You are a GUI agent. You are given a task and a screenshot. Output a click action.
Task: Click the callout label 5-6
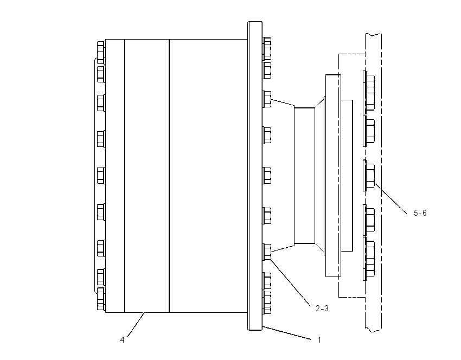420,213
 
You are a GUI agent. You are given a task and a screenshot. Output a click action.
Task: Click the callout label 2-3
322,308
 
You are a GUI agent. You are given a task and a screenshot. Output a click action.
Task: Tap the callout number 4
123,340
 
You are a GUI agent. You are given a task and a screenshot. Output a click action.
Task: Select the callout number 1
319,340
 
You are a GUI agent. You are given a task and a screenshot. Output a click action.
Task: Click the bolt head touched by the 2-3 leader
267,252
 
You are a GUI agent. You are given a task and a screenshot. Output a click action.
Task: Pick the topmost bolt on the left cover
101,52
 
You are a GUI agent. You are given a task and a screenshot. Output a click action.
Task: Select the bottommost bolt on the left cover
101,299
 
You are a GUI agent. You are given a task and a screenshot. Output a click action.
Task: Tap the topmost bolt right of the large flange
267,48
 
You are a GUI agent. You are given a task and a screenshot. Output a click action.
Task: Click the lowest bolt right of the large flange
267,303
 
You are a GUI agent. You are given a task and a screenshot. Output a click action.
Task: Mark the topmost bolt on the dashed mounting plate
369,92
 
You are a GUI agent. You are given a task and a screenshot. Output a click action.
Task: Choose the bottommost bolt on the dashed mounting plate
369,259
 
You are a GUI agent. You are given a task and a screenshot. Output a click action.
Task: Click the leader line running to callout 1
287,333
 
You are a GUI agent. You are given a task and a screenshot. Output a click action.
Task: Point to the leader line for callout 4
136,325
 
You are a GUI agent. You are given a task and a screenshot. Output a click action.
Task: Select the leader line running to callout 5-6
390,197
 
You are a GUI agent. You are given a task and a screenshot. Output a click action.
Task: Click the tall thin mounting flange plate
255,176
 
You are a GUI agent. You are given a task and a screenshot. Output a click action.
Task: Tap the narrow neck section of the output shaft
305,176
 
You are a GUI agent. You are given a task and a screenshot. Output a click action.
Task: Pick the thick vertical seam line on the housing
169,176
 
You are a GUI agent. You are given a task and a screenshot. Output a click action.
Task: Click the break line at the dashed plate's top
373,35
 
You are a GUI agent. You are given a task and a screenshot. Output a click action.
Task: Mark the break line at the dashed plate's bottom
373,330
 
